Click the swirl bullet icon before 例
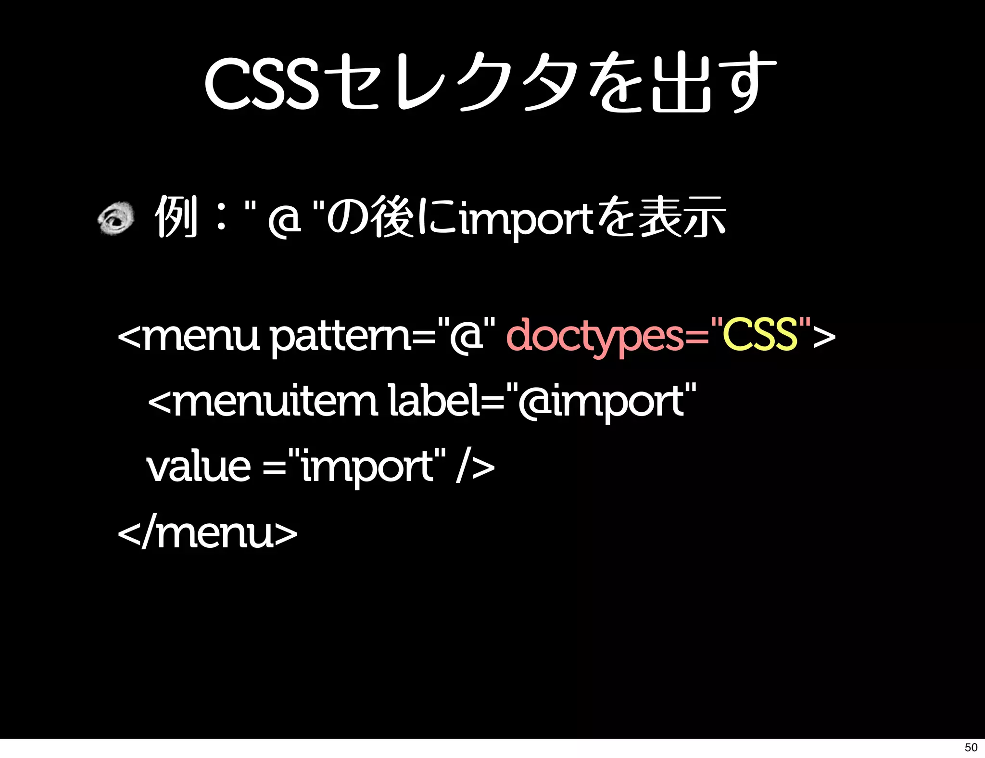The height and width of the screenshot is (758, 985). coord(116,219)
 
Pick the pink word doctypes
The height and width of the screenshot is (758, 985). coord(594,337)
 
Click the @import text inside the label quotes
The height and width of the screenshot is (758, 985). coord(601,402)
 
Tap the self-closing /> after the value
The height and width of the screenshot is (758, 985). coord(475,467)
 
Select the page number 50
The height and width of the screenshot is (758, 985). coord(971,747)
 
